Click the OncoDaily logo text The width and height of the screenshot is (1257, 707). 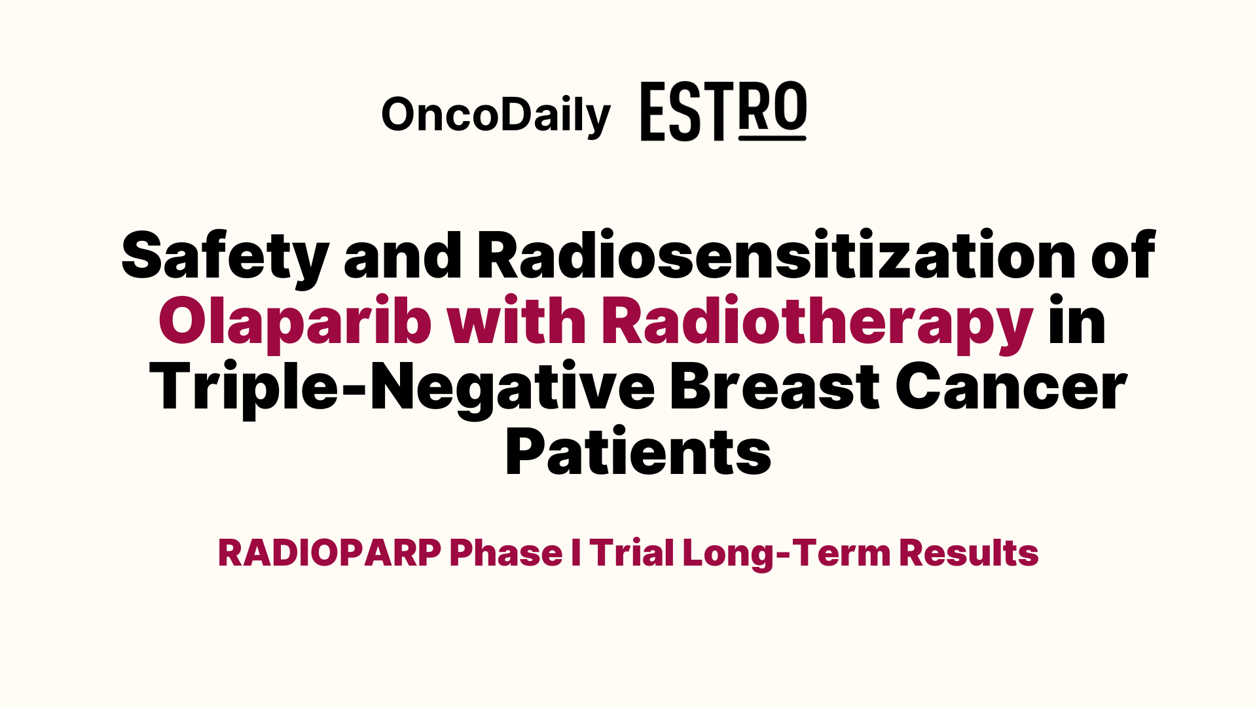pyautogui.click(x=496, y=116)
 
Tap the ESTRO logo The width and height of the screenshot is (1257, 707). pyautogui.click(x=723, y=111)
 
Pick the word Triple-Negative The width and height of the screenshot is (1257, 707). pyautogui.click(x=402, y=386)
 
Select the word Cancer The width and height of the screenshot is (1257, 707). pyautogui.click(x=1011, y=386)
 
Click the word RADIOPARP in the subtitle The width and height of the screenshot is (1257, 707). pyautogui.click(x=329, y=553)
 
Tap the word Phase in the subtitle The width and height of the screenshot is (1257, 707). pyautogui.click(x=506, y=553)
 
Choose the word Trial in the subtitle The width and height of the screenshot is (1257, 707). pyautogui.click(x=632, y=553)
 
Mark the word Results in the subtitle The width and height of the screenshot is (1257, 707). pyautogui.click(x=969, y=553)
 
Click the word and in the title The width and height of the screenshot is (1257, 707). pyautogui.click(x=403, y=255)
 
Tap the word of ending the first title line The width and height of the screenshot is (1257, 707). pyautogui.click(x=1123, y=255)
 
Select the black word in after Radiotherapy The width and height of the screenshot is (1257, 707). pyautogui.click(x=1077, y=320)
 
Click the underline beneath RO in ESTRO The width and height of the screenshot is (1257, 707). pyautogui.click(x=773, y=138)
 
